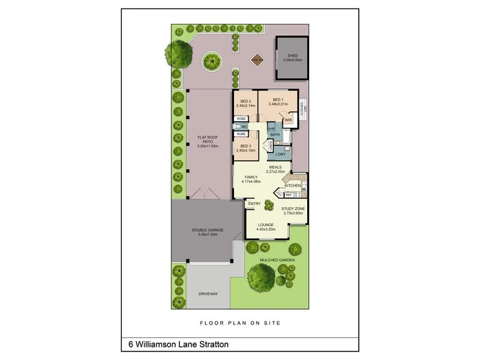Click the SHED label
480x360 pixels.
click(293, 56)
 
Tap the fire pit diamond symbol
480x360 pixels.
click(257, 59)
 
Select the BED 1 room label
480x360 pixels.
click(277, 99)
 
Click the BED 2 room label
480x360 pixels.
click(245, 101)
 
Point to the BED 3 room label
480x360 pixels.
click(245, 146)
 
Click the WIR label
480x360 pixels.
click(288, 120)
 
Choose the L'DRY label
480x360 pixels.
click(281, 154)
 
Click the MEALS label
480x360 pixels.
click(275, 167)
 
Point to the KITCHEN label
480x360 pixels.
click(293, 185)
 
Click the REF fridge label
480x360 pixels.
click(289, 194)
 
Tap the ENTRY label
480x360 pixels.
click(254, 203)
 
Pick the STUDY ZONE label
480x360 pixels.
click(293, 209)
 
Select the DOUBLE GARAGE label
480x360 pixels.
click(208, 230)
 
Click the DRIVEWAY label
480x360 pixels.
click(208, 293)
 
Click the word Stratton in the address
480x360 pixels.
click(212, 345)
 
